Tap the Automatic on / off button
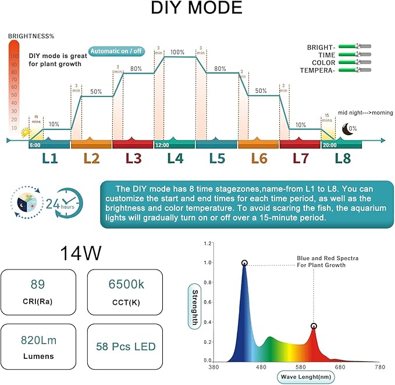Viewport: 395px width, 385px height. (116, 51)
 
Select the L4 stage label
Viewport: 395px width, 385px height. (175, 158)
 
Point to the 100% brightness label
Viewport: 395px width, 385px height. (178, 52)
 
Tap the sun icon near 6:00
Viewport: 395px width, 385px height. (25, 132)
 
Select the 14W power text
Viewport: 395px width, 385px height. (81, 253)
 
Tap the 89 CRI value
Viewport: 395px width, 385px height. (38, 285)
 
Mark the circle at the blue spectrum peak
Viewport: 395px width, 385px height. (244, 263)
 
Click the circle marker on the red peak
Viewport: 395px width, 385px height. (314, 326)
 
